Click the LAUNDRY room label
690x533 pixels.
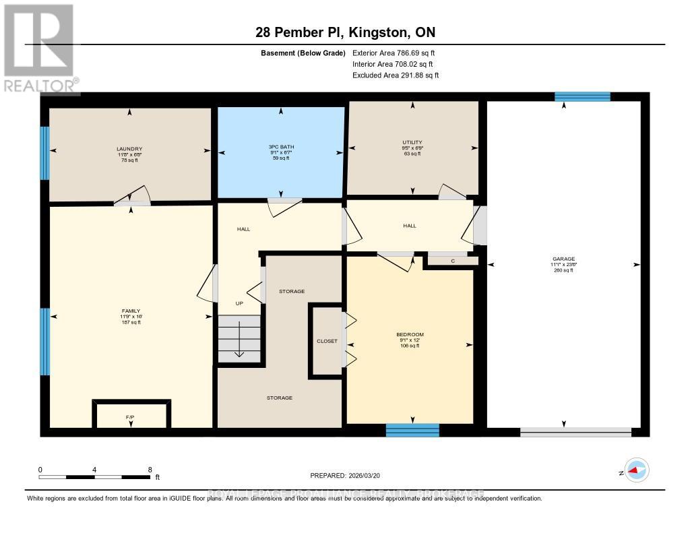click(129, 149)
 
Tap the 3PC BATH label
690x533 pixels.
click(281, 147)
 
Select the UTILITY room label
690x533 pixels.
click(412, 142)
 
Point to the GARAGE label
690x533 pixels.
click(563, 259)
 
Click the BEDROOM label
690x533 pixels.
click(410, 334)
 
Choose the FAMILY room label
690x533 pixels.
click(129, 311)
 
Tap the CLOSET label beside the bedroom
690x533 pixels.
click(327, 341)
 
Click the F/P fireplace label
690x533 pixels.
click(131, 418)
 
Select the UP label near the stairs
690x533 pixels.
click(239, 303)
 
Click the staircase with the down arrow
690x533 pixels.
click(239, 340)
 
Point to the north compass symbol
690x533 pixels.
click(635, 470)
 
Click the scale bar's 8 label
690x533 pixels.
click(150, 470)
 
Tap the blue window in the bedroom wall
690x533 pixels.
click(412, 429)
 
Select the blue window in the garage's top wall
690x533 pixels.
click(582, 96)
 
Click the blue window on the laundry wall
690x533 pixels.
click(44, 153)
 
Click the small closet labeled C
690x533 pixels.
click(453, 261)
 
